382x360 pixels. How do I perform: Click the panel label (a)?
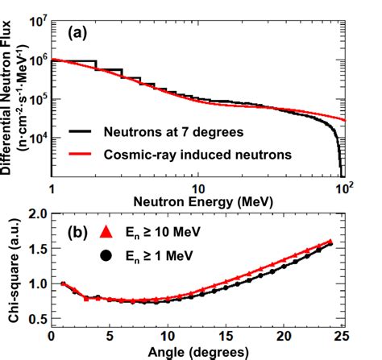click(79, 34)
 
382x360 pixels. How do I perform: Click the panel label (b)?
click(79, 234)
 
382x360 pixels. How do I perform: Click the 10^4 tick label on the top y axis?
click(35, 137)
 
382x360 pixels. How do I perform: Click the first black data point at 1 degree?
click(63, 283)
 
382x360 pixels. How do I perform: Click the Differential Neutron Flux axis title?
click(13, 93)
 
